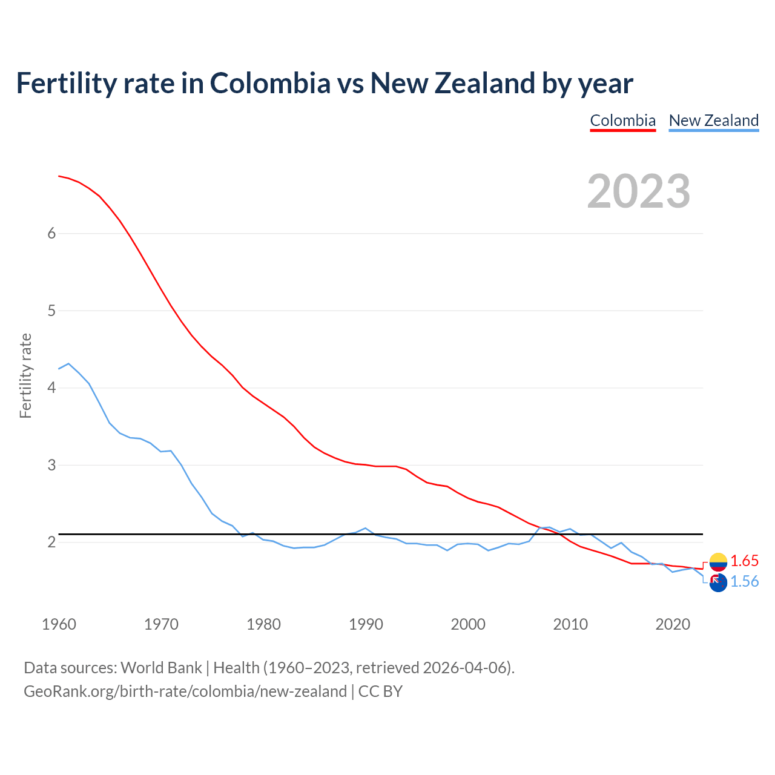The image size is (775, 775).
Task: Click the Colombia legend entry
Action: coord(622,120)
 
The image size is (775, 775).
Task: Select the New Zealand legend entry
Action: coord(713,120)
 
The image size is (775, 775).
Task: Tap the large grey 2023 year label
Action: coord(638,191)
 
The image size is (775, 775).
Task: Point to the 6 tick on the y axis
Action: coord(51,234)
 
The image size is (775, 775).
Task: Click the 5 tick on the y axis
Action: coord(51,311)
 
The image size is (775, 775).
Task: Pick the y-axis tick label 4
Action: coord(51,387)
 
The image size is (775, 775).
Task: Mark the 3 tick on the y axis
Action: coord(51,465)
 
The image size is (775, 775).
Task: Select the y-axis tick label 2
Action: coord(51,542)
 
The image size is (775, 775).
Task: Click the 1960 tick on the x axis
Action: coord(59,624)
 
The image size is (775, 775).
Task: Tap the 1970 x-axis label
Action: coord(161,624)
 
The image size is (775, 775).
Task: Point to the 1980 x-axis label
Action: coord(263,624)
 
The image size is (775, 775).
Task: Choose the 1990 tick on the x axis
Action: coord(366,624)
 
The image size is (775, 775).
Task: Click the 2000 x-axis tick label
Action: coord(468,624)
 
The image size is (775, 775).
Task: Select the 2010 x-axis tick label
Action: coord(570,624)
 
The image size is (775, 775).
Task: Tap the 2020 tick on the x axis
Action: coord(673,624)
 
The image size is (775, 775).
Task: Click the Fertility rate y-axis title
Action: coord(25,375)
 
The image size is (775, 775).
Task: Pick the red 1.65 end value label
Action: coord(744,561)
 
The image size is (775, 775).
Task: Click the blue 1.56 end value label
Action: coord(744,581)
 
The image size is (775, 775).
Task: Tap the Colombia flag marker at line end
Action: coord(718,562)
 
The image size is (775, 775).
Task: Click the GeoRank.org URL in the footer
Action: coord(185,691)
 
